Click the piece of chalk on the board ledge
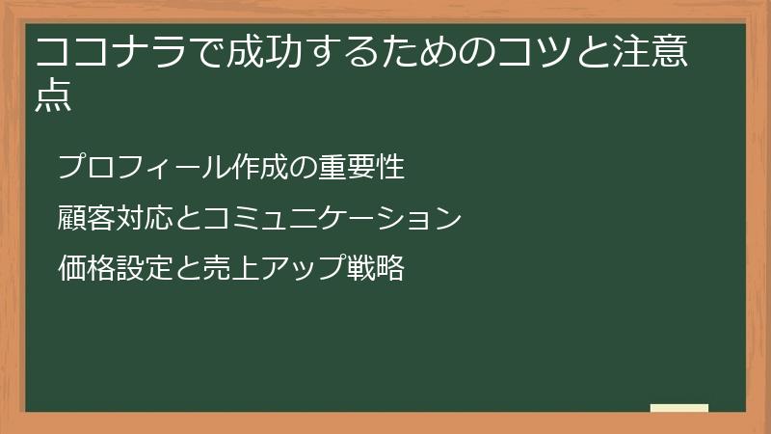point(679,408)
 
